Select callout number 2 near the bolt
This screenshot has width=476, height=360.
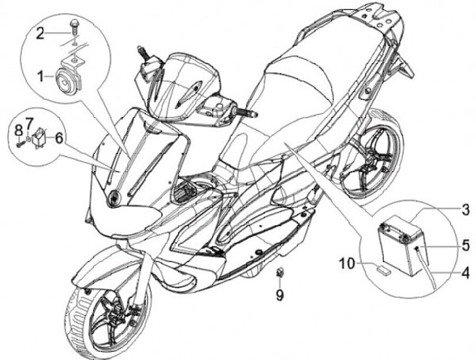pyautogui.click(x=41, y=32)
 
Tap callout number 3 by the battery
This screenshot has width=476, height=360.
pyautogui.click(x=465, y=211)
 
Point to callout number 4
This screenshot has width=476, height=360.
pyautogui.click(x=465, y=271)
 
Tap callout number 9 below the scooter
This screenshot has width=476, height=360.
pyautogui.click(x=280, y=296)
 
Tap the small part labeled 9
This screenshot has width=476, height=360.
pyautogui.click(x=280, y=272)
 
